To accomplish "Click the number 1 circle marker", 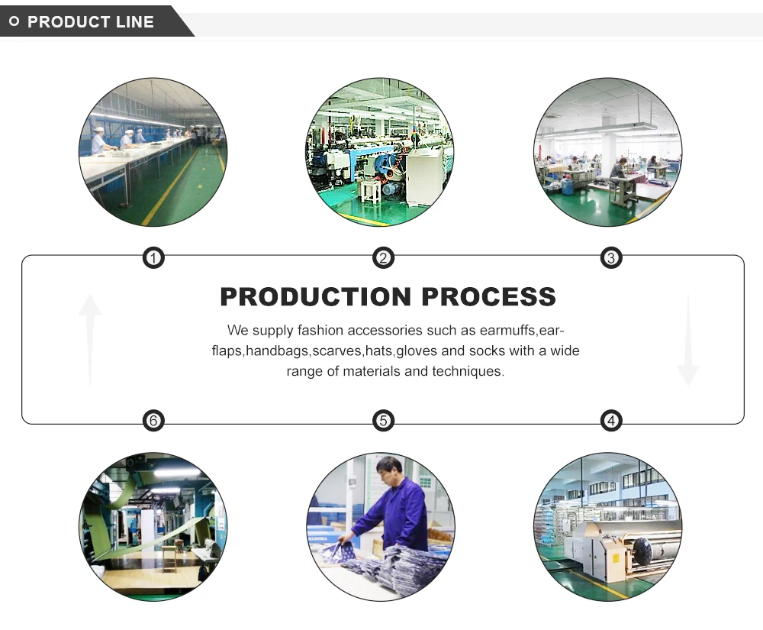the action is click(153, 258).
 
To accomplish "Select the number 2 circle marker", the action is click(383, 258).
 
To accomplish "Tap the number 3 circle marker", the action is click(610, 258).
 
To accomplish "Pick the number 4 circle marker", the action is click(610, 420).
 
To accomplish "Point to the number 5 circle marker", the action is click(383, 420).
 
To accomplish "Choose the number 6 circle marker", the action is click(153, 420).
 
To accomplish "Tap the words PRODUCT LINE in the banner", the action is click(91, 22).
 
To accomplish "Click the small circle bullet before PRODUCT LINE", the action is click(14, 22).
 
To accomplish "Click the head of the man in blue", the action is click(389, 468).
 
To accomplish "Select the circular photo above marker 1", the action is click(153, 152).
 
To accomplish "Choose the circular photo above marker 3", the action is click(608, 152).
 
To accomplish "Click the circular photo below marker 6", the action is click(153, 527).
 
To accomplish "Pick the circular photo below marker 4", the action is click(608, 527).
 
